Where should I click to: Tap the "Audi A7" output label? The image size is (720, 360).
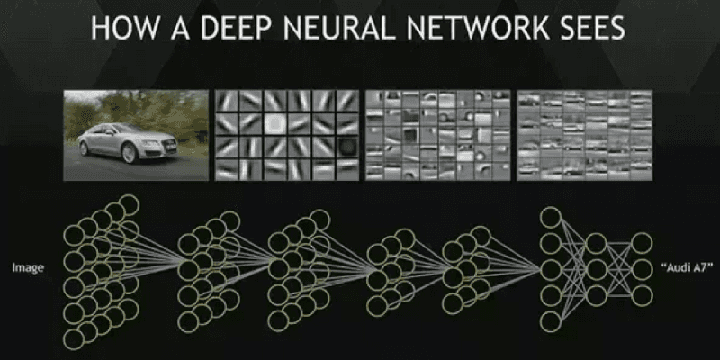pyautogui.click(x=687, y=267)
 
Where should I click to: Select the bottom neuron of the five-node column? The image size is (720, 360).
pyautogui.click(x=550, y=320)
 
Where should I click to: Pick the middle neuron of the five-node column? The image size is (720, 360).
pyautogui.click(x=550, y=269)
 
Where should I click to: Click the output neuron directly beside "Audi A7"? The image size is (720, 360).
pyautogui.click(x=640, y=267)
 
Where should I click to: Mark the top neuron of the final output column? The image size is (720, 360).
pyautogui.click(x=640, y=241)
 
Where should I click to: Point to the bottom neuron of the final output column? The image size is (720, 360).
pyautogui.click(x=640, y=293)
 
